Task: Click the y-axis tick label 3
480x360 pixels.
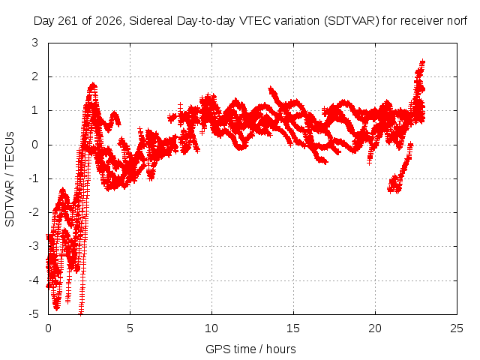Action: (35, 43)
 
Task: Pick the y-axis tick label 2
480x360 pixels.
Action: (35, 76)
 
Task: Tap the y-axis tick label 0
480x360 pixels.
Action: (35, 145)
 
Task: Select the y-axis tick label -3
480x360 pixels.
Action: (33, 246)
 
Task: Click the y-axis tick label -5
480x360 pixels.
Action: (33, 313)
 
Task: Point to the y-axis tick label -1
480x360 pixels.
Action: (33, 178)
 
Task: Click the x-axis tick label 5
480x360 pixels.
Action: (130, 328)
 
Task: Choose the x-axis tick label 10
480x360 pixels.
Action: (211, 328)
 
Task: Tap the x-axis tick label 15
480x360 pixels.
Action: (293, 328)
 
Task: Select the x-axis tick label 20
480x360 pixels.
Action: (375, 328)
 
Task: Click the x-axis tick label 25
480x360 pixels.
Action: (457, 328)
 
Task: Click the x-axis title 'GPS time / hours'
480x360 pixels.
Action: (250, 349)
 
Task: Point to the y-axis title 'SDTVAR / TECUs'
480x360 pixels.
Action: (10, 179)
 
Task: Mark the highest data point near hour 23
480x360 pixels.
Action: (423, 61)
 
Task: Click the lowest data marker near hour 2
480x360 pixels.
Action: (81, 313)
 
